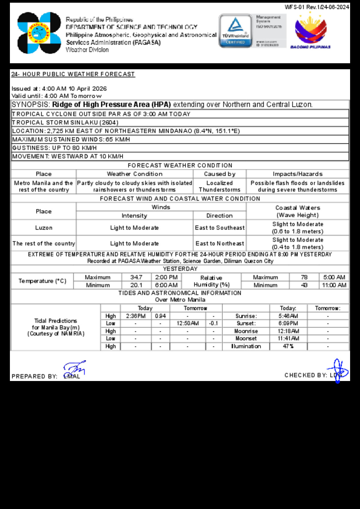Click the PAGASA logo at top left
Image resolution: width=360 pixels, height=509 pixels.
click(39, 33)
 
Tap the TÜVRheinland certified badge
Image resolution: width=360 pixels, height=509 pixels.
click(235, 31)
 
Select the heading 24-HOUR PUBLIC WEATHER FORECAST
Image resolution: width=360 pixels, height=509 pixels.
click(73, 74)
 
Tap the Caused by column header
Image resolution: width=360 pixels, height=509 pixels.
click(220, 174)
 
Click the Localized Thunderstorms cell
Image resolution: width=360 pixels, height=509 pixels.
click(220, 186)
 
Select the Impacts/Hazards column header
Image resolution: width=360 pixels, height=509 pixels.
click(298, 174)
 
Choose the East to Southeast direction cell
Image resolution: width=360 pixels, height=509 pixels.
click(220, 228)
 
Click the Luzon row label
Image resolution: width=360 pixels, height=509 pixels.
click(44, 228)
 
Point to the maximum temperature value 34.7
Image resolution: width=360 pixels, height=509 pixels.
click(136, 277)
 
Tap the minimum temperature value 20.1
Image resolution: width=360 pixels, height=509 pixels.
click(136, 285)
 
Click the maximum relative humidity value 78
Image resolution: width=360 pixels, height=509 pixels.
click(304, 277)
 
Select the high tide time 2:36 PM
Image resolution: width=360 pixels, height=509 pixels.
click(136, 316)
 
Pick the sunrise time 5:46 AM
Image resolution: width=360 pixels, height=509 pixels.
click(288, 316)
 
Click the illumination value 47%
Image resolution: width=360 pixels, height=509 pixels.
click(288, 346)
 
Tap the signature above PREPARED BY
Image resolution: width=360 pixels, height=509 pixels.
click(74, 368)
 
